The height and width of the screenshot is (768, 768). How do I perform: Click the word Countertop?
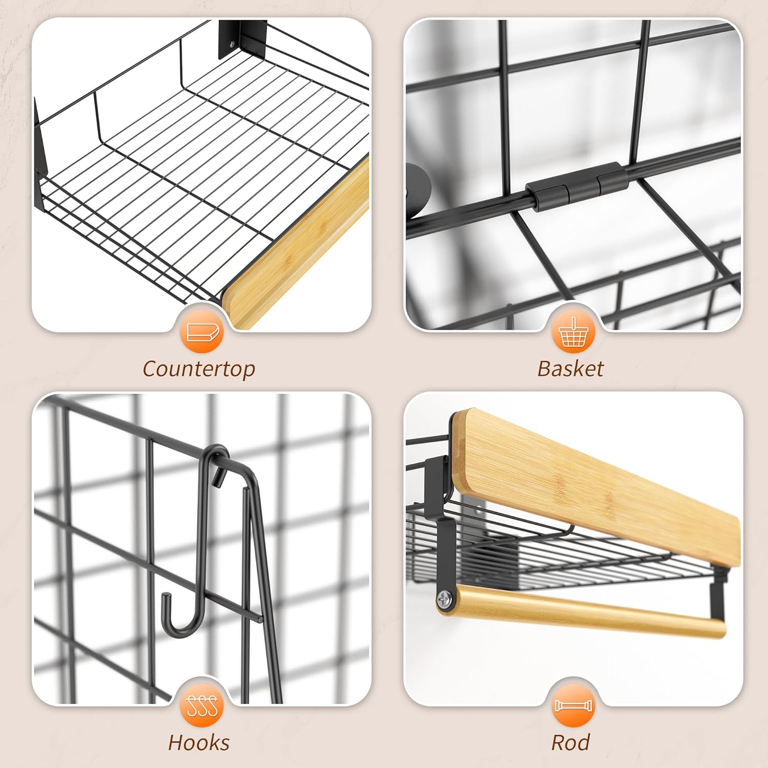point(199,369)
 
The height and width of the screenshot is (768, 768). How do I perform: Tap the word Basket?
point(570,369)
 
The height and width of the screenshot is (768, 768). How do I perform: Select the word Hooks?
point(199,742)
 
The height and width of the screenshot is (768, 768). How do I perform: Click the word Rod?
point(570,742)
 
